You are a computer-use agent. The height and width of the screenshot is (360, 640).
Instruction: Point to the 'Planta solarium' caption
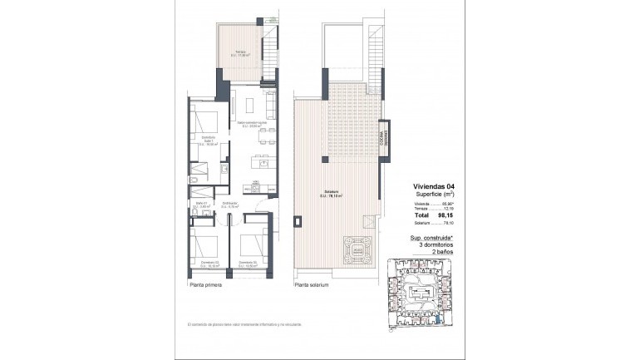click(312, 284)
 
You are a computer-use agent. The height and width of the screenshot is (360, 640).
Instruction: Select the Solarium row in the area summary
click(434, 222)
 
